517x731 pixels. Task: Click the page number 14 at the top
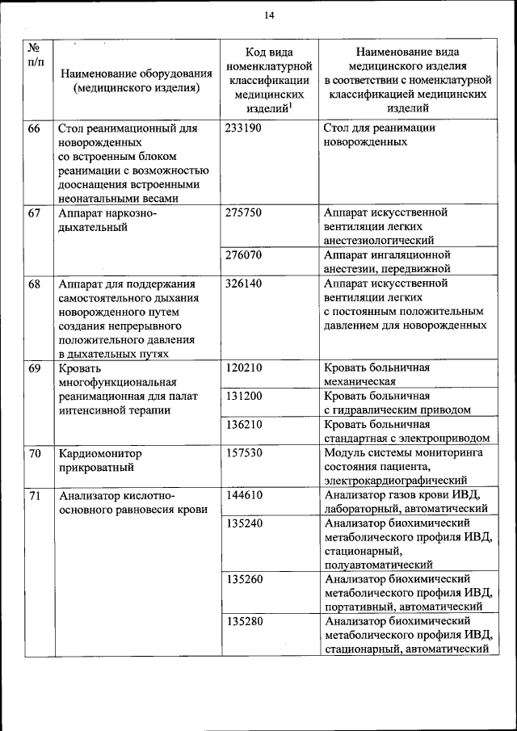pyautogui.click(x=269, y=15)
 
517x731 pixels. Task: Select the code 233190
pyautogui.click(x=244, y=128)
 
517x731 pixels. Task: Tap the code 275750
pyautogui.click(x=244, y=212)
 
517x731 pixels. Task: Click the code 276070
pyautogui.click(x=244, y=255)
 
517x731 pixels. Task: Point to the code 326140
pyautogui.click(x=244, y=284)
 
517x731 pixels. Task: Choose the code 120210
pyautogui.click(x=244, y=368)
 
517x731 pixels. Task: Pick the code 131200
pyautogui.click(x=244, y=396)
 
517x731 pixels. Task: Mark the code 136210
pyautogui.click(x=244, y=424)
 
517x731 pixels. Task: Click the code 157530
pyautogui.click(x=244, y=452)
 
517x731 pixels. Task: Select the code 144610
pyautogui.click(x=244, y=494)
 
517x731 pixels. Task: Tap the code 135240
pyautogui.click(x=244, y=523)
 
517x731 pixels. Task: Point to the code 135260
pyautogui.click(x=244, y=579)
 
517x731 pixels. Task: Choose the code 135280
pyautogui.click(x=244, y=621)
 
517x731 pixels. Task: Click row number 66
pyautogui.click(x=35, y=128)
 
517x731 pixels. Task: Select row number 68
pyautogui.click(x=35, y=284)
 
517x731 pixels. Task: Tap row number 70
pyautogui.click(x=35, y=452)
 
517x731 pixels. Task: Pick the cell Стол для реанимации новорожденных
pyautogui.click(x=379, y=135)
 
